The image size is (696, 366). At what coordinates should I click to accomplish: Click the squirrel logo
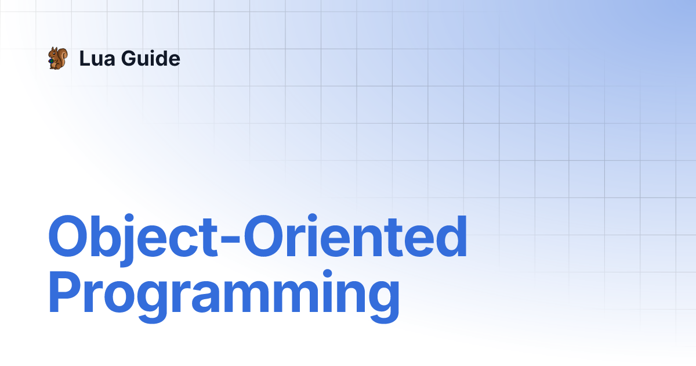(x=58, y=58)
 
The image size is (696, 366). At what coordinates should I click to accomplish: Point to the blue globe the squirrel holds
(x=50, y=61)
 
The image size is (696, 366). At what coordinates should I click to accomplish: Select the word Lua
(x=97, y=58)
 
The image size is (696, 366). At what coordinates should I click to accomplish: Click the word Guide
(x=151, y=58)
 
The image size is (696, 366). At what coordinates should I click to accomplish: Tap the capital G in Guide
(x=129, y=58)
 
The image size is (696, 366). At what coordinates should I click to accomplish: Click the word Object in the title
(x=133, y=239)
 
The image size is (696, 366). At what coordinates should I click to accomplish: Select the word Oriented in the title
(x=356, y=236)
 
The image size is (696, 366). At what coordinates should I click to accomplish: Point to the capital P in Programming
(x=64, y=292)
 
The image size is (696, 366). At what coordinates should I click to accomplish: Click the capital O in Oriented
(x=264, y=236)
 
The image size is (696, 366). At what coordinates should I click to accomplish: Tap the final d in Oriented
(x=451, y=236)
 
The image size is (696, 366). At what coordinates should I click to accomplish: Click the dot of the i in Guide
(x=154, y=51)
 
